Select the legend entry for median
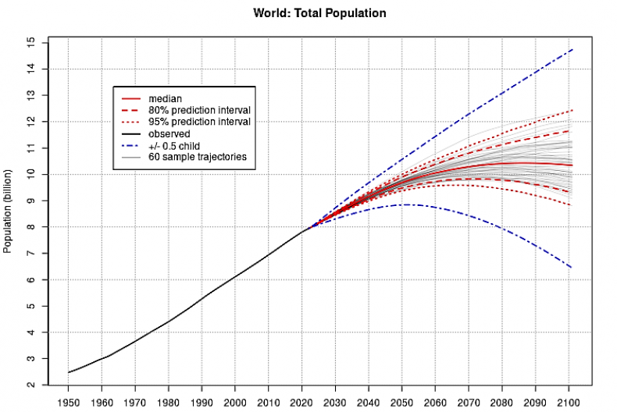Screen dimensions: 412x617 (x=165, y=99)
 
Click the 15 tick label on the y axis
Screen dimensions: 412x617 (x=30, y=41)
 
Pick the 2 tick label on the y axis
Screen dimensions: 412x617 (x=30, y=385)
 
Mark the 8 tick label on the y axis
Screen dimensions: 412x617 (x=30, y=226)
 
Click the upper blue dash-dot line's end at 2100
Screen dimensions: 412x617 (x=572, y=49)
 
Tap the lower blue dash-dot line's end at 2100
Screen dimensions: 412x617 (x=572, y=268)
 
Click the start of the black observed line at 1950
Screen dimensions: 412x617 (x=69, y=372)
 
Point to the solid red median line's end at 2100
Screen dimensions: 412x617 (x=572, y=165)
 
